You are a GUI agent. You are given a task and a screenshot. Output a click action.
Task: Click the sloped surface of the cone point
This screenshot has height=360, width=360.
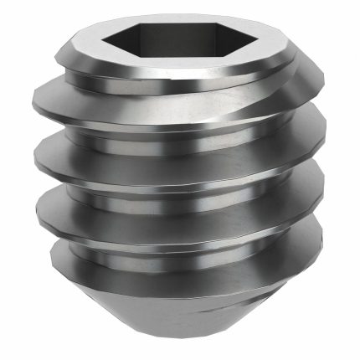(180, 310)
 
